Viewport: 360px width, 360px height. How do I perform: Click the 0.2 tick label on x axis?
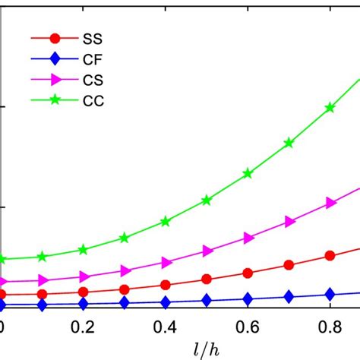84,327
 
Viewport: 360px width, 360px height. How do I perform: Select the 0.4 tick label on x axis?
166,327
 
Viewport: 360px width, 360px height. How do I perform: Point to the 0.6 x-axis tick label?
248,327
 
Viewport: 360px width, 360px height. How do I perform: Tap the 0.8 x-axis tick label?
330,327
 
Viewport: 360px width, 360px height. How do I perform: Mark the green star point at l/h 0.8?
330,107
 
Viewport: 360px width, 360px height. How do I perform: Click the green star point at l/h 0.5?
207,201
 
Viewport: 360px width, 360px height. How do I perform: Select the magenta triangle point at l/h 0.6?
248,238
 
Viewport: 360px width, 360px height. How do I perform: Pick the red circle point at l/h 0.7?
289,265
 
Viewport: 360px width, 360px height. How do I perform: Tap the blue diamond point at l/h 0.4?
166,302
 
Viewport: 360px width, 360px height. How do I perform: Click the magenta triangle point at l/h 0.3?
125,270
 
